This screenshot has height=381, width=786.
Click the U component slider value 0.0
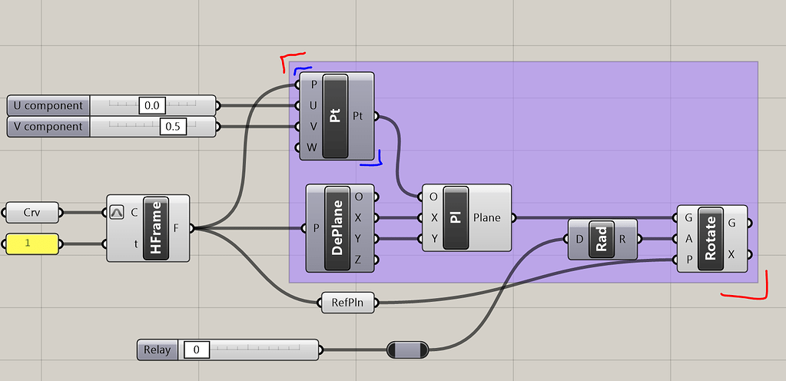tap(151, 105)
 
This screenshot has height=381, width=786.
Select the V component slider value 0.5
tap(173, 127)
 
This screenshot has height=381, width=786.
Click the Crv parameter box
tap(32, 212)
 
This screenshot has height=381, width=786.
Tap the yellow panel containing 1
tap(32, 244)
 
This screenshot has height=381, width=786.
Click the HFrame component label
tap(157, 228)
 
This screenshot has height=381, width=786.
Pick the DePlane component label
tap(336, 228)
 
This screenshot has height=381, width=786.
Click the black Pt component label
tap(335, 116)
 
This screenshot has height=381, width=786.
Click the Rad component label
tap(601, 239)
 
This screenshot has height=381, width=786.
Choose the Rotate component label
tap(710, 239)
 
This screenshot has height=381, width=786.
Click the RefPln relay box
tap(348, 303)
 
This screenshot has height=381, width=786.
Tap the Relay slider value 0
tap(197, 350)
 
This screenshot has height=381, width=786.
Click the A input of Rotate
tap(689, 239)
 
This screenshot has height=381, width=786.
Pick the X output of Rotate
tap(731, 254)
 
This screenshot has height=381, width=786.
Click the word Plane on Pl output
tap(486, 217)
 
